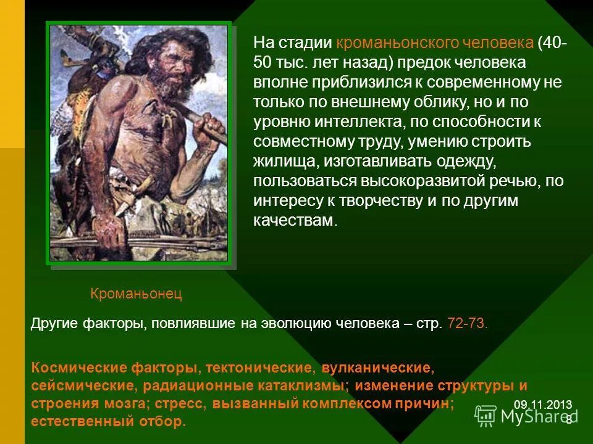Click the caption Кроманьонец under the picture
click(137, 294)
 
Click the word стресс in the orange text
click(185, 404)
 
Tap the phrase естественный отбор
click(108, 422)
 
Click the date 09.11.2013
click(542, 405)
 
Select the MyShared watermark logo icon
click(486, 416)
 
